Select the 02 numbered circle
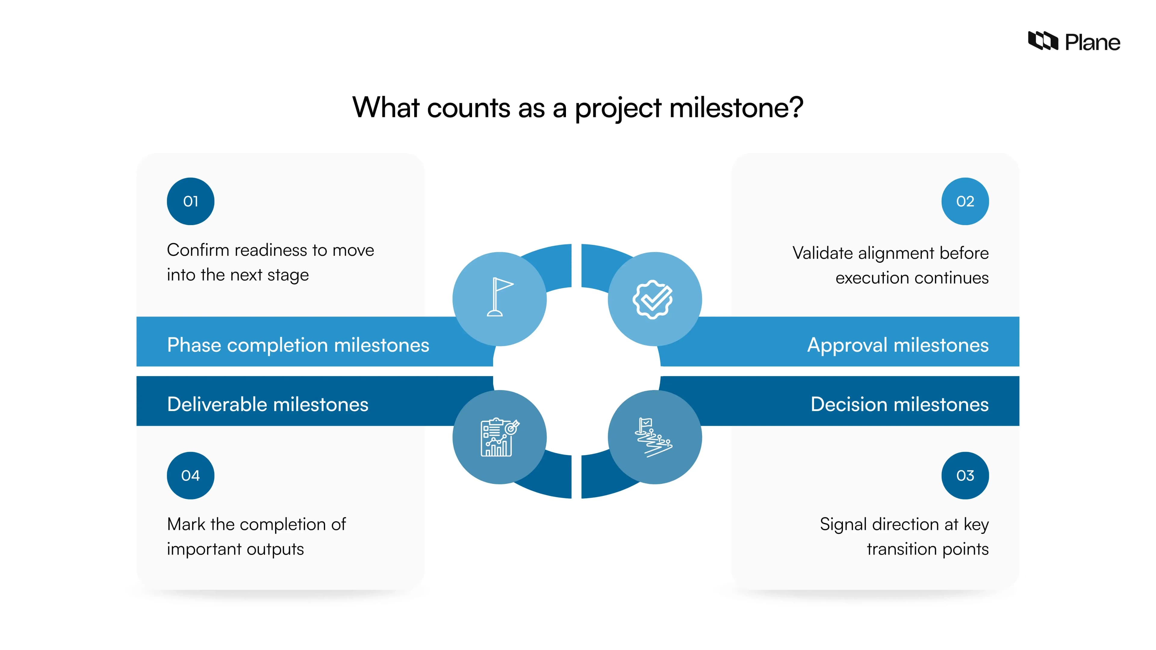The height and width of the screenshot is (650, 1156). pyautogui.click(x=965, y=201)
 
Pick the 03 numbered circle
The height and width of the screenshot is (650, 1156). pyautogui.click(x=965, y=475)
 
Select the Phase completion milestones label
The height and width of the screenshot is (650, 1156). pyautogui.click(x=298, y=345)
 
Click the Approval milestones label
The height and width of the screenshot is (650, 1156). pyautogui.click(x=897, y=345)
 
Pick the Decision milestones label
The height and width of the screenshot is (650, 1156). pyautogui.click(x=899, y=404)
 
